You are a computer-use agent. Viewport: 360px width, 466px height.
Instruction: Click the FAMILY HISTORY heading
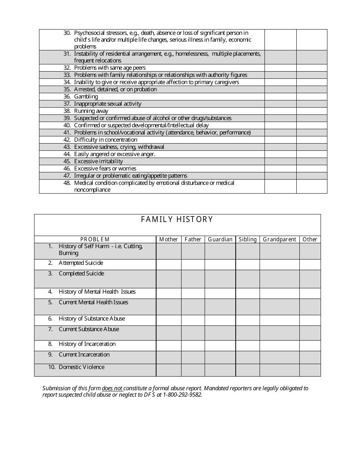[x=177, y=219]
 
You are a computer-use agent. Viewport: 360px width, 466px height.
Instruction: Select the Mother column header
[x=169, y=239]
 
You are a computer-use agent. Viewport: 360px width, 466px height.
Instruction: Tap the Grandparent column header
[x=279, y=239]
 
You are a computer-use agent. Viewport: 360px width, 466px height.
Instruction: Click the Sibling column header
[x=247, y=239]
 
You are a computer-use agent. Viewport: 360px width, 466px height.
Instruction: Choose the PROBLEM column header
[x=95, y=239]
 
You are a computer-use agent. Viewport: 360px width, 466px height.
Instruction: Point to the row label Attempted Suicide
[x=81, y=263]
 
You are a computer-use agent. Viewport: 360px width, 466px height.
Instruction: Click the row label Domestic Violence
[x=81, y=367]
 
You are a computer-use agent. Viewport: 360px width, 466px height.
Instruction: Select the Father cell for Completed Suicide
[x=193, y=279]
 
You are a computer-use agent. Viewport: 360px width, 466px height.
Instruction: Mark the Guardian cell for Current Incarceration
[x=220, y=357]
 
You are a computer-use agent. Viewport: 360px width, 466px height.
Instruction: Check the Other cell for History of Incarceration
[x=310, y=346]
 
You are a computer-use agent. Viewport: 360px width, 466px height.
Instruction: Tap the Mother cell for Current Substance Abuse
[x=169, y=333]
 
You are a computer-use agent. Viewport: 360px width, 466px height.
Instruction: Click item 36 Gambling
[x=86, y=97]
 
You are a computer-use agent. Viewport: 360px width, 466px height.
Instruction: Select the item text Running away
[x=91, y=111]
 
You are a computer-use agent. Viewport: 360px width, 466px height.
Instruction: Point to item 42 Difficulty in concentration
[x=105, y=140]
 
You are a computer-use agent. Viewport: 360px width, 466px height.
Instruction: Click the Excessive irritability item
[x=99, y=161]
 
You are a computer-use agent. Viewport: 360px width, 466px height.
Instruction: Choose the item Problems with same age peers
[x=110, y=68]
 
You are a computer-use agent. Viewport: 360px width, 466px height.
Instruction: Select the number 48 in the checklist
[x=67, y=183]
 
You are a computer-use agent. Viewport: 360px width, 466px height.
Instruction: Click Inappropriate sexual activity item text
[x=108, y=104]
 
